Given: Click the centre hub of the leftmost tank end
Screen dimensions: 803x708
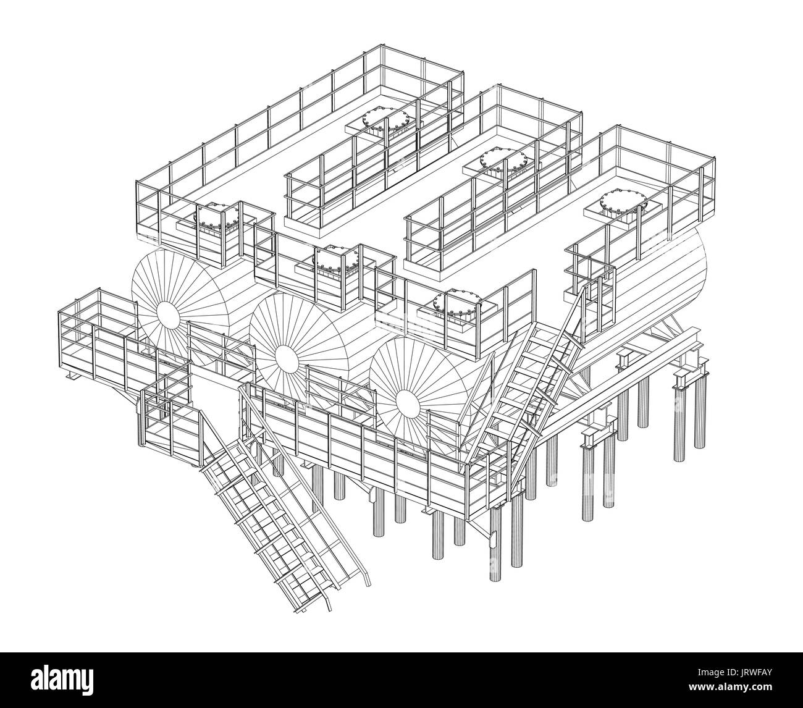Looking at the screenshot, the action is click(166, 314).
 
